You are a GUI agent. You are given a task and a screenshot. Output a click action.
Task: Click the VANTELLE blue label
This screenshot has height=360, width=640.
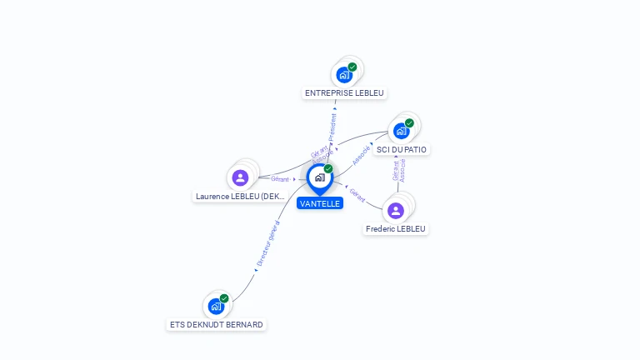click(x=320, y=203)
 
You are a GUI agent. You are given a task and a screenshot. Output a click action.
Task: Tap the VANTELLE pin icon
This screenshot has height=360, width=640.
click(x=320, y=177)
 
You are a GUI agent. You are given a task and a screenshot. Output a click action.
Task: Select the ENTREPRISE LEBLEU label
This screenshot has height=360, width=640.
click(x=344, y=92)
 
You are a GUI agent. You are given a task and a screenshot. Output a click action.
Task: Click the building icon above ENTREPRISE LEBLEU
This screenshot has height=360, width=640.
click(x=344, y=74)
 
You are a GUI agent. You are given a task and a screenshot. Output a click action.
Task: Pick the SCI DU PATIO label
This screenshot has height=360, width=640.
click(x=402, y=149)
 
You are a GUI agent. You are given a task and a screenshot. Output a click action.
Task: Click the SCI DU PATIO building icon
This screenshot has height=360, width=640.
click(x=401, y=131)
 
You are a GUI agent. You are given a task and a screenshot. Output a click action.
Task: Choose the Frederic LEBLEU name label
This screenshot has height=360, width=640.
click(x=397, y=228)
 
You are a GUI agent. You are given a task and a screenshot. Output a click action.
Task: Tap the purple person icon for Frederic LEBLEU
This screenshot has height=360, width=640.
click(x=396, y=210)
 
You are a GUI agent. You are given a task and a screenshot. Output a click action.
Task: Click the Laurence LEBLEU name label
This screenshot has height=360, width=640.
click(x=240, y=197)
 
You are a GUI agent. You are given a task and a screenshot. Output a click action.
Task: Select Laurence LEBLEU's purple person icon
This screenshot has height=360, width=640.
click(x=240, y=177)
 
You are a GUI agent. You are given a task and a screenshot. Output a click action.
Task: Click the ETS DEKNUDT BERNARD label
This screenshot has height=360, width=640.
click(x=216, y=324)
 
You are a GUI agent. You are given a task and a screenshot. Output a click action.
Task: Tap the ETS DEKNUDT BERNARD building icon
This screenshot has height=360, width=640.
click(x=216, y=306)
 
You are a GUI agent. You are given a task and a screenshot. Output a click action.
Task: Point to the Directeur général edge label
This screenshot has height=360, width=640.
click(x=268, y=243)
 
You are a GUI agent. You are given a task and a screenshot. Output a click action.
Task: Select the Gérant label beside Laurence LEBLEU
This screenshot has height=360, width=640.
click(x=280, y=178)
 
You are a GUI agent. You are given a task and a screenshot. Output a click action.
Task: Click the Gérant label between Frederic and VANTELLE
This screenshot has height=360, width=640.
click(x=357, y=196)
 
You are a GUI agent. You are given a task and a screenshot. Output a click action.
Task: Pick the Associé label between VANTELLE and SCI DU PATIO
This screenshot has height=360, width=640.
click(x=361, y=155)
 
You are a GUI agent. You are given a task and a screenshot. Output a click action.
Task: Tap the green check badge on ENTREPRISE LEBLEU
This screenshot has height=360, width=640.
click(x=352, y=67)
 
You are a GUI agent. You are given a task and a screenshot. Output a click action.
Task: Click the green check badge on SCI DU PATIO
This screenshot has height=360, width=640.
click(x=409, y=123)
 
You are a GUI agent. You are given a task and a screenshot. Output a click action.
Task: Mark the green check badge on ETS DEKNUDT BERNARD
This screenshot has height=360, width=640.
click(x=224, y=298)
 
